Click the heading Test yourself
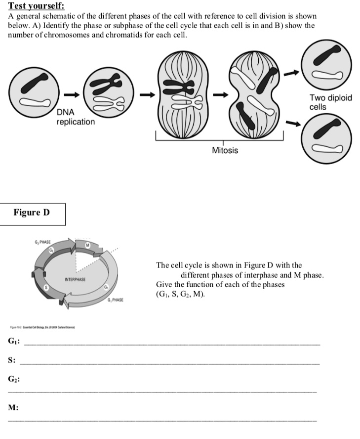(33, 6)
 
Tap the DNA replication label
(76, 117)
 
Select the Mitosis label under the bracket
(225, 150)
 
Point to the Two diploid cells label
(330, 102)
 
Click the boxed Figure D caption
(32, 213)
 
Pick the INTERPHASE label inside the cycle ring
(76, 280)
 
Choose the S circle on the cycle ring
(46, 287)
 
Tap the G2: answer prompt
(13, 379)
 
